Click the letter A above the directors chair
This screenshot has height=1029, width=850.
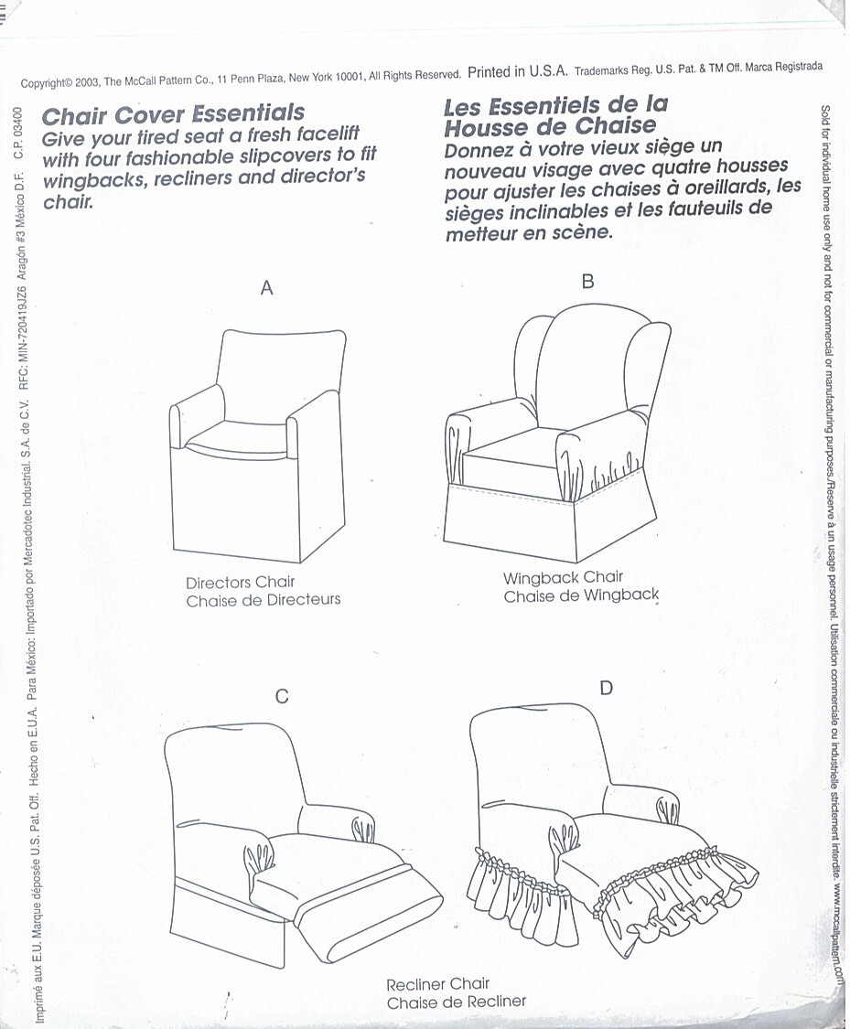point(267,288)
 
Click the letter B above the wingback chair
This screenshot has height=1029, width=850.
point(587,282)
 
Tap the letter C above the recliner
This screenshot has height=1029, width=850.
point(282,697)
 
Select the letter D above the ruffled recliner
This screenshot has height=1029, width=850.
point(606,688)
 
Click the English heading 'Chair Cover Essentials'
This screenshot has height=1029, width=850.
point(174,115)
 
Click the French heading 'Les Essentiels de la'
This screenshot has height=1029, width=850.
point(555,104)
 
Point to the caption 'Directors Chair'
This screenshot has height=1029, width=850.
point(241,583)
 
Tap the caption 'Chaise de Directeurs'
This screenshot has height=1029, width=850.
point(264,600)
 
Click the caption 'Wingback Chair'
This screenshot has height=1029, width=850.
point(563,577)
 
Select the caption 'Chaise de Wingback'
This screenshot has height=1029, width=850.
point(581,596)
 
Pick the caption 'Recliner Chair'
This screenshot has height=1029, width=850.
point(439,985)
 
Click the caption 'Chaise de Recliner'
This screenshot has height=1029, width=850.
point(457,1002)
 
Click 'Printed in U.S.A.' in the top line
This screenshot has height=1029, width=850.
point(518,71)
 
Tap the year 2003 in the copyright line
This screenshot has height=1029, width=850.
point(87,82)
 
